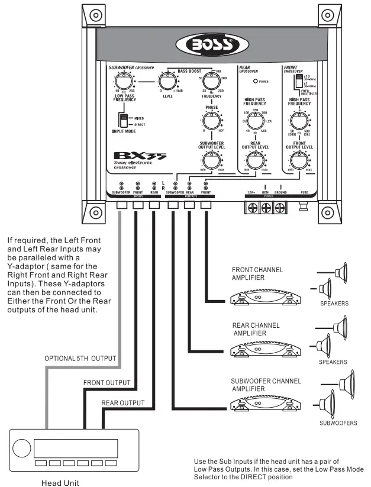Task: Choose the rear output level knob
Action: click(x=255, y=160)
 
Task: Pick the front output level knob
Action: click(x=300, y=160)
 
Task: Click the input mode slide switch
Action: click(x=124, y=121)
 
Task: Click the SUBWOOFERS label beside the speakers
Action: click(x=338, y=423)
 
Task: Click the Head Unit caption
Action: click(x=59, y=482)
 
